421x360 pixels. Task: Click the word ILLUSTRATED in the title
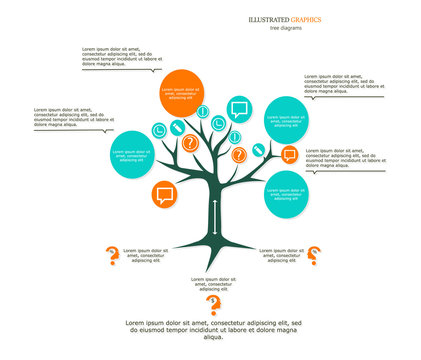[x=266, y=19]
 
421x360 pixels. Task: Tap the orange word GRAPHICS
[x=304, y=19]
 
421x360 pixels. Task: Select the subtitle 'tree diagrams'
[x=286, y=28]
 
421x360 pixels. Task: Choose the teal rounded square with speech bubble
[x=238, y=109]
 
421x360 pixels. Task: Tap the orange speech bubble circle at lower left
[x=165, y=194]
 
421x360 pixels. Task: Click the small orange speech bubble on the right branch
[x=289, y=154]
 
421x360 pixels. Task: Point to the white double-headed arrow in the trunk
[x=213, y=219]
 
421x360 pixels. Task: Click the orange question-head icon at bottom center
[x=212, y=306]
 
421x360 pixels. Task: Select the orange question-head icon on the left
[x=112, y=256]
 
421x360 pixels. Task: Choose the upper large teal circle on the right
[x=286, y=120]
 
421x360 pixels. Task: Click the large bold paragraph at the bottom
[x=212, y=330]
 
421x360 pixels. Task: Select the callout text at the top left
[x=118, y=57]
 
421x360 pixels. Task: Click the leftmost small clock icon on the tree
[x=159, y=130]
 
